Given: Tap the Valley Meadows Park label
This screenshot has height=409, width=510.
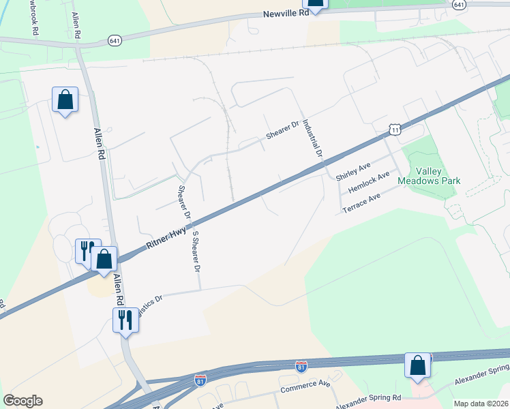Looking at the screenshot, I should click(x=434, y=176).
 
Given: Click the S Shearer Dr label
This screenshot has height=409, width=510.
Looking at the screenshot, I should click(x=196, y=251).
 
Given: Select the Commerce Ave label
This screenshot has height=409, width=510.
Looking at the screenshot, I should click(x=305, y=387).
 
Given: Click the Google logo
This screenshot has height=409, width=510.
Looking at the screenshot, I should click(x=22, y=401).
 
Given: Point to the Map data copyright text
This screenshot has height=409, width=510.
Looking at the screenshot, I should click(x=481, y=404).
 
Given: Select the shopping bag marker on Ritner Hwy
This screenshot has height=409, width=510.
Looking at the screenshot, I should click(x=104, y=259).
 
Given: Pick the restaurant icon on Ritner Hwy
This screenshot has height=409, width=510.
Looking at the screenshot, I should click(x=86, y=250).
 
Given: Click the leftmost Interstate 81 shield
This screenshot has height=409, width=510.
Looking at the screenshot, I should click(x=200, y=380).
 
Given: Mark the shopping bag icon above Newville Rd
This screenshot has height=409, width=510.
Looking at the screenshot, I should click(x=315, y=2).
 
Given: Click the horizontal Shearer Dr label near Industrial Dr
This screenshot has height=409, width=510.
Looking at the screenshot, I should click(x=283, y=130).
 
